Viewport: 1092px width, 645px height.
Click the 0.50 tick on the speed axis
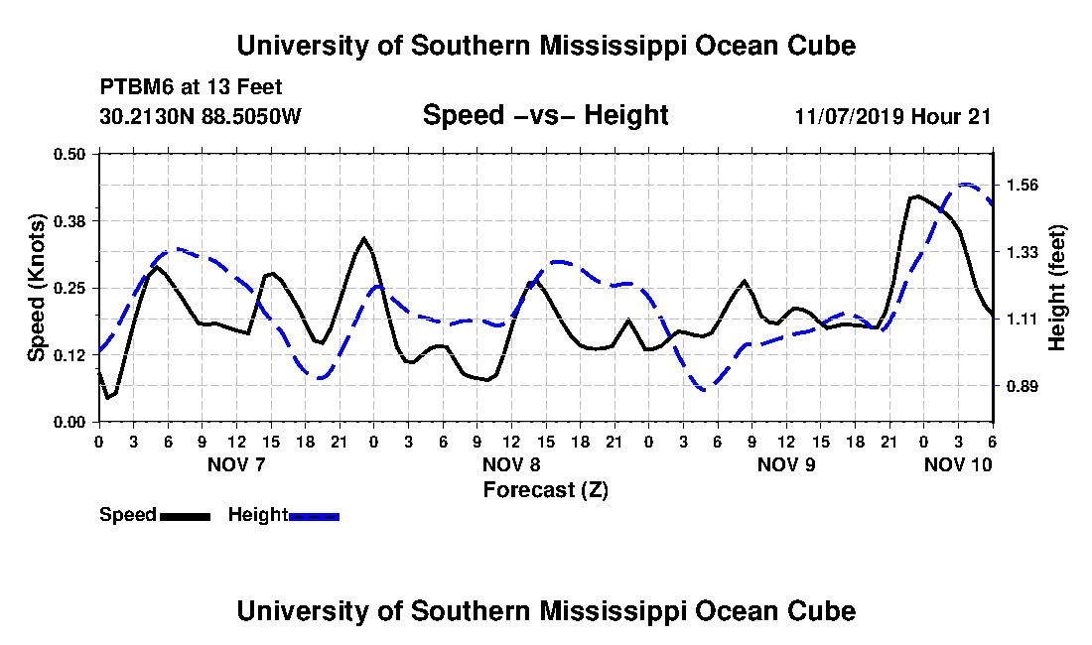[x=68, y=154]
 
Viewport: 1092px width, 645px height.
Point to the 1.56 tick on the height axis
[x=1024, y=186]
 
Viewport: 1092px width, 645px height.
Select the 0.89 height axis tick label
[x=1024, y=386]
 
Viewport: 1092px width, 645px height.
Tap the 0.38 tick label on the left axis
[x=68, y=221]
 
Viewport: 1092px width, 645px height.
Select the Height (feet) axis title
[x=1056, y=288]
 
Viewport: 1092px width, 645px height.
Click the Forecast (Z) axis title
[x=545, y=490]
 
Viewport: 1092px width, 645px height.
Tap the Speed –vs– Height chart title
[x=545, y=115]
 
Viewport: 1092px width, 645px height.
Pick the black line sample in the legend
[x=185, y=516]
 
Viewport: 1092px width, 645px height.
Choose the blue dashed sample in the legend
[x=314, y=516]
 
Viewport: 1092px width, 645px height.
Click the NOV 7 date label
[x=237, y=464]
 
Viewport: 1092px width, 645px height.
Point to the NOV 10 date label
[x=958, y=464]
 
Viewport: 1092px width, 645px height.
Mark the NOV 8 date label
[x=512, y=464]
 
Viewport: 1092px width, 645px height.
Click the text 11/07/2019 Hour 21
[x=892, y=116]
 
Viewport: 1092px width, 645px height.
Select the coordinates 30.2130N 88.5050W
[x=201, y=116]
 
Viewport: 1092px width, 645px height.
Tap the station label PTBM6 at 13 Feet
[x=191, y=87]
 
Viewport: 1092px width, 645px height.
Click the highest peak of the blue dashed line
[x=965, y=185]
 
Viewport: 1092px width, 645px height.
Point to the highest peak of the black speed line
[x=917, y=196]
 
